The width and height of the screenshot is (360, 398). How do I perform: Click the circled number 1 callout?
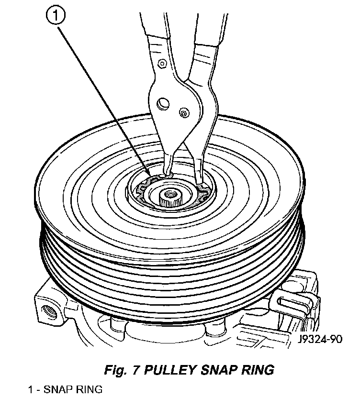[x=56, y=17]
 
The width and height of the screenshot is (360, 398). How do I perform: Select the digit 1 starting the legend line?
[x=30, y=389]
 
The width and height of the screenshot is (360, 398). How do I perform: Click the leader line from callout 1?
[x=105, y=96]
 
